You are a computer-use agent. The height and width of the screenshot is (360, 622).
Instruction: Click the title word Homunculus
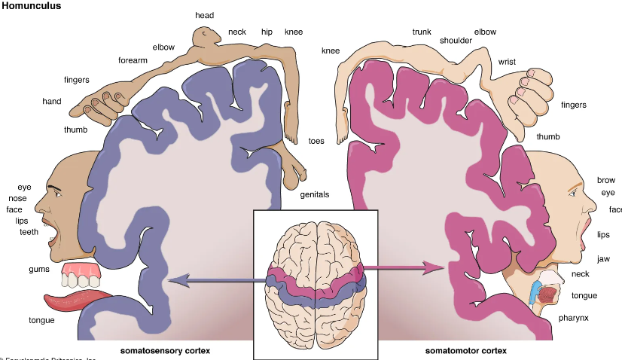[x=31, y=6]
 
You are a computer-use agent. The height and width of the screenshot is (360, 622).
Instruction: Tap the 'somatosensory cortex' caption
[x=165, y=351]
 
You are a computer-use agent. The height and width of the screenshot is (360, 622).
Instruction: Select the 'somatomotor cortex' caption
[x=465, y=351]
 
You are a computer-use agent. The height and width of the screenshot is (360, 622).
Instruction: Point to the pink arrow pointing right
[x=407, y=267]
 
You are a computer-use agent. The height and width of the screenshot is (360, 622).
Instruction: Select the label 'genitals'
[x=315, y=194]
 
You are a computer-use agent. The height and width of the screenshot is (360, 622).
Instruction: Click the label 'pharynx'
[x=574, y=318]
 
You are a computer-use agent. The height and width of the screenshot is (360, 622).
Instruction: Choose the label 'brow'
[x=605, y=180]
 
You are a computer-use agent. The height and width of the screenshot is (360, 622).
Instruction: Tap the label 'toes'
[x=316, y=141]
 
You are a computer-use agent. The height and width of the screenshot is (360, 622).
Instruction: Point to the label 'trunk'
[x=422, y=32]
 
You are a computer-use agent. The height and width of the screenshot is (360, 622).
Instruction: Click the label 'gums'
[x=39, y=270]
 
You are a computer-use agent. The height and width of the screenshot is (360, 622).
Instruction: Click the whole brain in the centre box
[x=316, y=283]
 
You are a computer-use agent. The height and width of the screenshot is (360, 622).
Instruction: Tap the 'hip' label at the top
[x=267, y=32]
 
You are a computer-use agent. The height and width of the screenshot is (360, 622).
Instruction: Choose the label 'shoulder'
[x=456, y=41]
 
